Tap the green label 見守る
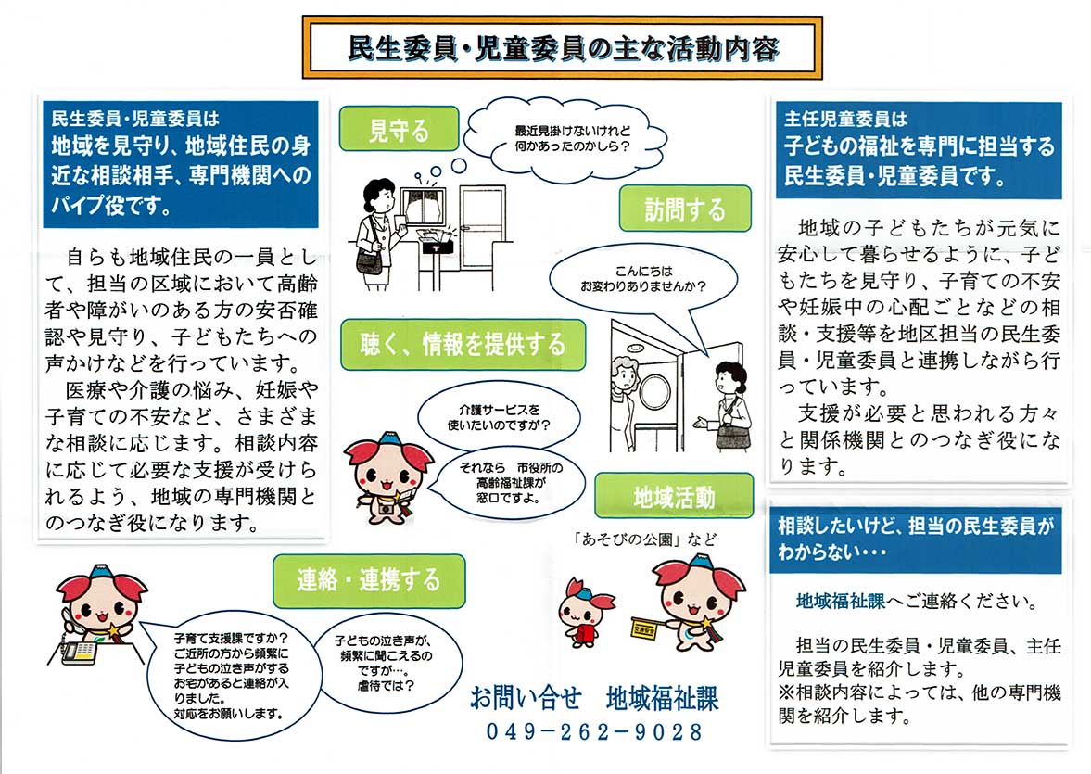click(x=399, y=130)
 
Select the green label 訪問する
click(x=684, y=209)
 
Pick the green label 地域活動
click(x=673, y=496)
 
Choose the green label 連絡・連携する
click(x=368, y=579)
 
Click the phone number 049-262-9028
click(x=594, y=731)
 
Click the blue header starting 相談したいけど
click(x=915, y=539)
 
